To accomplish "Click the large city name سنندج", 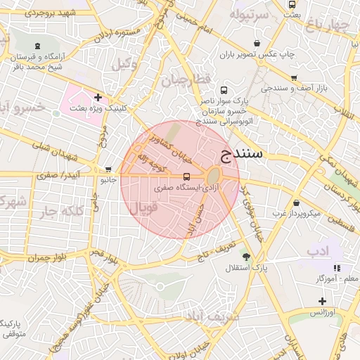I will click(242, 153).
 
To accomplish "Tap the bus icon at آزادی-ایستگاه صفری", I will click(186, 176).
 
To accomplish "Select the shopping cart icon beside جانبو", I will click(108, 169).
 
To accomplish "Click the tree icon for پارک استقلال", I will click(245, 256).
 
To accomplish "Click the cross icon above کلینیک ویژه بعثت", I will click(97, 97).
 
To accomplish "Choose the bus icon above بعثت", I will click(292, 4).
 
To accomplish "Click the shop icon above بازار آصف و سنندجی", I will click(293, 77).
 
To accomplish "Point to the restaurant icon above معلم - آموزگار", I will click(337, 267).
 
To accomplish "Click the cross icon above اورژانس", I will click(322, 301).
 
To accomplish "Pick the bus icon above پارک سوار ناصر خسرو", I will click(224, 91).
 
